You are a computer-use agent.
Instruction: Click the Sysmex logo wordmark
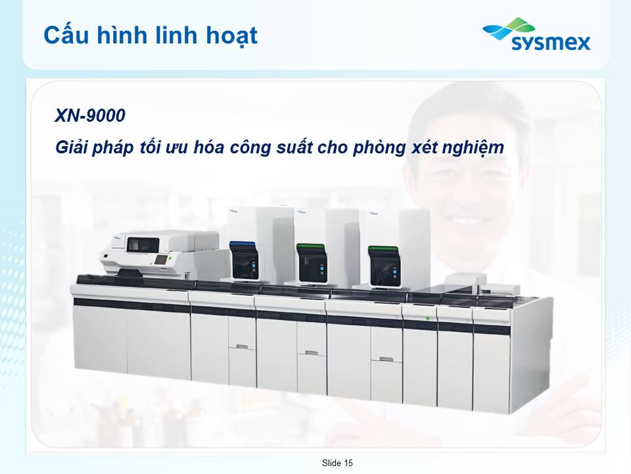tap(551, 42)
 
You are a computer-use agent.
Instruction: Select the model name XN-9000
tap(90, 115)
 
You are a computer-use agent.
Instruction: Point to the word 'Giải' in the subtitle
tap(71, 147)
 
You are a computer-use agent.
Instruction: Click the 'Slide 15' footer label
tap(337, 463)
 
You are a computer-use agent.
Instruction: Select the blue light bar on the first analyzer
tap(243, 244)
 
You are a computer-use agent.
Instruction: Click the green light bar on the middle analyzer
tap(310, 246)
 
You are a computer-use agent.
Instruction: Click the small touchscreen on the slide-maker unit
tap(161, 260)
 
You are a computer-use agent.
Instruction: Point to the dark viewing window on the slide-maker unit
tap(143, 245)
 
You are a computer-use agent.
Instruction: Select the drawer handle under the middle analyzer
tap(312, 353)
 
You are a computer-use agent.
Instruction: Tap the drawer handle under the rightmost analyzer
tap(386, 359)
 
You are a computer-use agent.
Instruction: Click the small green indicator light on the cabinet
tap(428, 319)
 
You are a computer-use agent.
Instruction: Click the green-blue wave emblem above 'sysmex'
tap(509, 28)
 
